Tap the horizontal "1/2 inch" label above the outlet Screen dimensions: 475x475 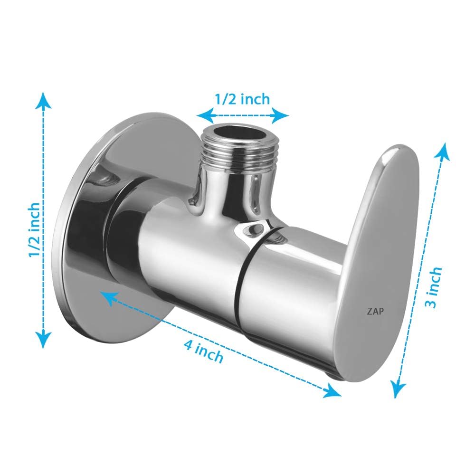242,99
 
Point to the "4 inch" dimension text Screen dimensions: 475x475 203,351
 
